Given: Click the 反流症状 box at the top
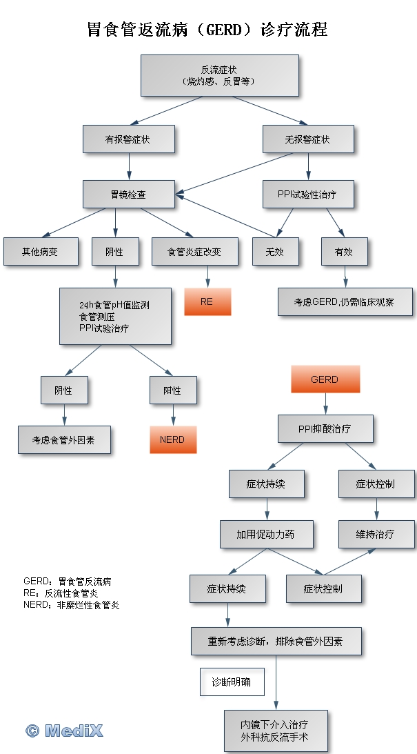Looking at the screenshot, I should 219,75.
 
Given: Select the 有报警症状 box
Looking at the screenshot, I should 128,139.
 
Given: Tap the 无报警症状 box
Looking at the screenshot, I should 308,139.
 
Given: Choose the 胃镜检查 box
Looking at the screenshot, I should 128,195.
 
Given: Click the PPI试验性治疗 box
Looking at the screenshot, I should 308,195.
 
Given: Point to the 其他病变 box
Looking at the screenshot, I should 40,252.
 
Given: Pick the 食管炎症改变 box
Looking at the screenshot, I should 195,252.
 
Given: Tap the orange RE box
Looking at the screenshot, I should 207,301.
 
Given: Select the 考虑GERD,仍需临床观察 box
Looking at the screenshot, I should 345,301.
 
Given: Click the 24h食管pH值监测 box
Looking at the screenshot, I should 115,317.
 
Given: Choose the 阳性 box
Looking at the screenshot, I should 173,390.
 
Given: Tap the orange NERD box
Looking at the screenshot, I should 173,439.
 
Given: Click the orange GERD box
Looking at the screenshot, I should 325,379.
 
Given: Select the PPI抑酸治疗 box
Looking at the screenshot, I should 325,429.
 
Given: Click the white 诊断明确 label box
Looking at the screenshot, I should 232,682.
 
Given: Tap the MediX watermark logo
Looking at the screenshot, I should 64,731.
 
